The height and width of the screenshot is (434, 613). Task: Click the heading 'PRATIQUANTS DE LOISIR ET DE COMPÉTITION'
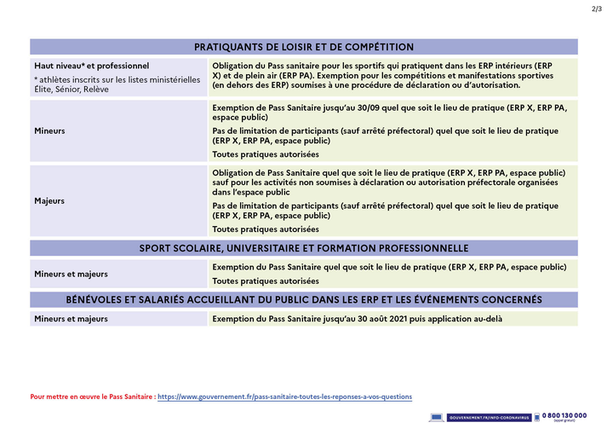pos(304,47)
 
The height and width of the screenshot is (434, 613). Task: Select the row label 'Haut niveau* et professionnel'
pos(92,65)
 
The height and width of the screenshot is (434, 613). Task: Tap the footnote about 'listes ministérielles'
pos(117,84)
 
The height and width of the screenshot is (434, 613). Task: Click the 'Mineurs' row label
pos(50,131)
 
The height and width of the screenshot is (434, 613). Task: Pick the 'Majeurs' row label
pos(49,200)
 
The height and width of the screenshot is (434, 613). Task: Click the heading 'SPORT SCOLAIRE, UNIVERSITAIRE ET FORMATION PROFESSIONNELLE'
pos(304,248)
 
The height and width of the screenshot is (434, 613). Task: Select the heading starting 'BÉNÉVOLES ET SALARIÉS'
pos(304,300)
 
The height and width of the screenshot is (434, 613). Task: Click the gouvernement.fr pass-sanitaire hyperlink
pos(284,396)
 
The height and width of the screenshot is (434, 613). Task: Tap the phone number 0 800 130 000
pos(564,415)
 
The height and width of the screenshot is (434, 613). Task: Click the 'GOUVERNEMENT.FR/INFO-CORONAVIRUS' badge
pos(490,417)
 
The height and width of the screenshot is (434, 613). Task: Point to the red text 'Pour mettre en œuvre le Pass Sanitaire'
pos(93,396)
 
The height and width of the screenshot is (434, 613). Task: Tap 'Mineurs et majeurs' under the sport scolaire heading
pos(71,274)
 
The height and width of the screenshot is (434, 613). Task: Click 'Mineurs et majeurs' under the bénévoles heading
pos(71,319)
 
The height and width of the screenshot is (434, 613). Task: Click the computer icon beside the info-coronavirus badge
pos(438,417)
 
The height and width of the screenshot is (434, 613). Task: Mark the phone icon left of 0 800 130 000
pos(537,417)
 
